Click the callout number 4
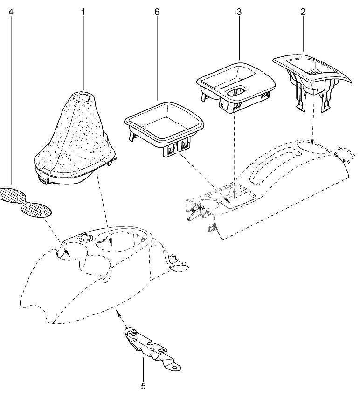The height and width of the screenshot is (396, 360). click(x=11, y=12)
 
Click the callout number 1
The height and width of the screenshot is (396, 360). click(x=83, y=12)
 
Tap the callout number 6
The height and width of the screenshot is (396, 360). click(x=157, y=12)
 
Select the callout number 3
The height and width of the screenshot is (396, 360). click(x=239, y=12)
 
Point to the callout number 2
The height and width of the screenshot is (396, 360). click(x=303, y=12)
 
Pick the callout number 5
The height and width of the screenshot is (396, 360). click(x=143, y=386)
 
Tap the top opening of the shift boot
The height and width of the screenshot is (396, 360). click(x=83, y=97)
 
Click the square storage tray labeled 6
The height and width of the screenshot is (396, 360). click(x=164, y=128)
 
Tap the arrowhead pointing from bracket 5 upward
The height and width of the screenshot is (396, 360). click(x=118, y=314)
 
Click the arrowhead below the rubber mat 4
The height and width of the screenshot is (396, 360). click(x=67, y=252)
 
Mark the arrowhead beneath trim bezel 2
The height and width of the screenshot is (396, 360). click(x=313, y=143)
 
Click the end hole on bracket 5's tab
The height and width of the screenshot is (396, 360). click(x=174, y=367)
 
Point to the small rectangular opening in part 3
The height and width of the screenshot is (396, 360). click(x=236, y=92)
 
